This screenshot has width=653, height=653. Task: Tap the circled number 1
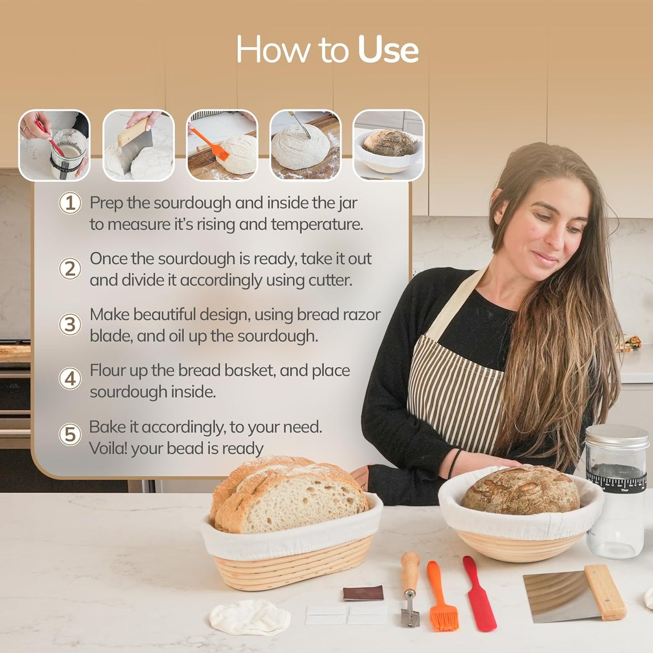tap(70, 203)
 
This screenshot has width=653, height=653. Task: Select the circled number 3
tap(70, 324)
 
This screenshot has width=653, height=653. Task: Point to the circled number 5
tap(70, 435)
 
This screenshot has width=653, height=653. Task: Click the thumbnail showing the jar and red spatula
tap(54, 145)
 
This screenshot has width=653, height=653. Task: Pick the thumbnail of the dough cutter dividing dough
tap(138, 145)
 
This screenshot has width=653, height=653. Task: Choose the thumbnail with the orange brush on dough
tap(222, 145)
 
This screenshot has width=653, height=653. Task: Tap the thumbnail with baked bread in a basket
tap(388, 145)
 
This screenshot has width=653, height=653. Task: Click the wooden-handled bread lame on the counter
tap(410, 587)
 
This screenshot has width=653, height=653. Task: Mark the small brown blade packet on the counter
tap(363, 593)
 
